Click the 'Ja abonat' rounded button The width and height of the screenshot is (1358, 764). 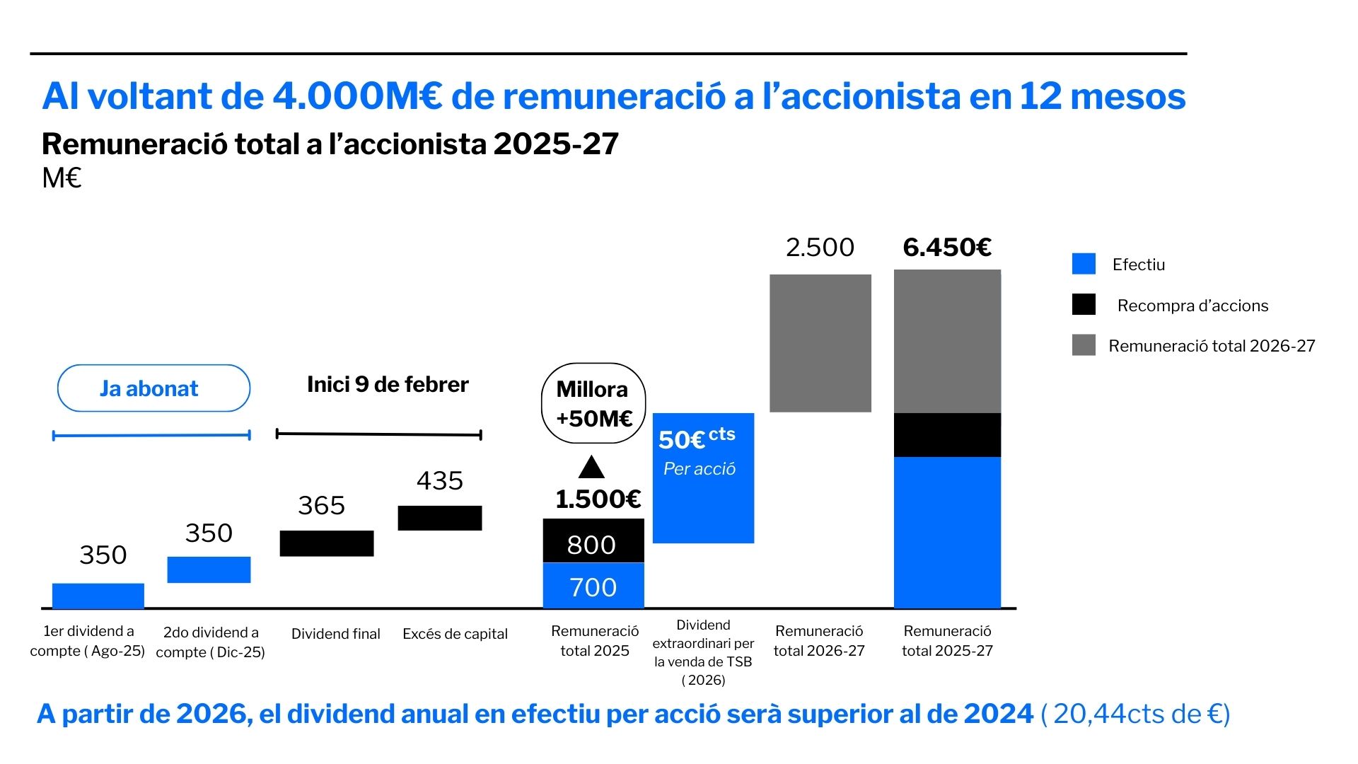153,388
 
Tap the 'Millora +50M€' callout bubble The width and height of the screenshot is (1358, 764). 593,403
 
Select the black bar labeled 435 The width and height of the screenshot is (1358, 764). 440,518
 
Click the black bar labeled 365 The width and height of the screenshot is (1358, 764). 327,543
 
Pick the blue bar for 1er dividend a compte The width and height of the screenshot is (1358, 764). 98,596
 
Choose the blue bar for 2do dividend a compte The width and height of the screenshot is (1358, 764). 209,569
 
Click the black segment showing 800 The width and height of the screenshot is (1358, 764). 593,541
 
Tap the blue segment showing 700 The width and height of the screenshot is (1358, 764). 593,586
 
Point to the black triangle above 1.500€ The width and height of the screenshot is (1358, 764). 591,468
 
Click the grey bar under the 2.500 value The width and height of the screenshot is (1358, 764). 820,343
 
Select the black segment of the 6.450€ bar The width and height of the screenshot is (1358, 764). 947,435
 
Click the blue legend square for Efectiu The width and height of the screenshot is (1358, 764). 1084,264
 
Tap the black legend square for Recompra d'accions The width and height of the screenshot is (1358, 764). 1084,305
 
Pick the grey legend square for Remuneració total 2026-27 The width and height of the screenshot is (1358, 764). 1084,345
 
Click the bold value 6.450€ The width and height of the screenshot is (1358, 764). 947,248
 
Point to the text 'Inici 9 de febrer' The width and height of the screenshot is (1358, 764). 388,385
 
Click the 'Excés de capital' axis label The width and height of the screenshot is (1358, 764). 455,634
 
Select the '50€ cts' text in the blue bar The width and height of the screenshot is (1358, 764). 697,438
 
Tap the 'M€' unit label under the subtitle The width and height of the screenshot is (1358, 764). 62,178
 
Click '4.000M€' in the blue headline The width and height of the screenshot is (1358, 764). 357,96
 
